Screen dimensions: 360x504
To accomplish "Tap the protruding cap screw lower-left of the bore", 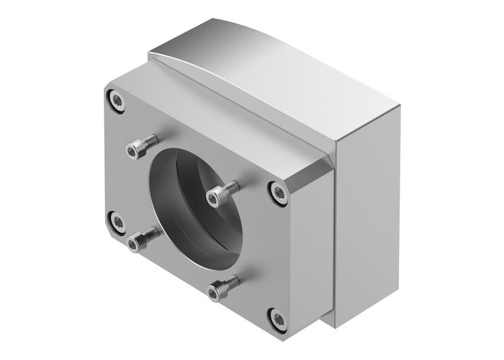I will click(135, 244).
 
